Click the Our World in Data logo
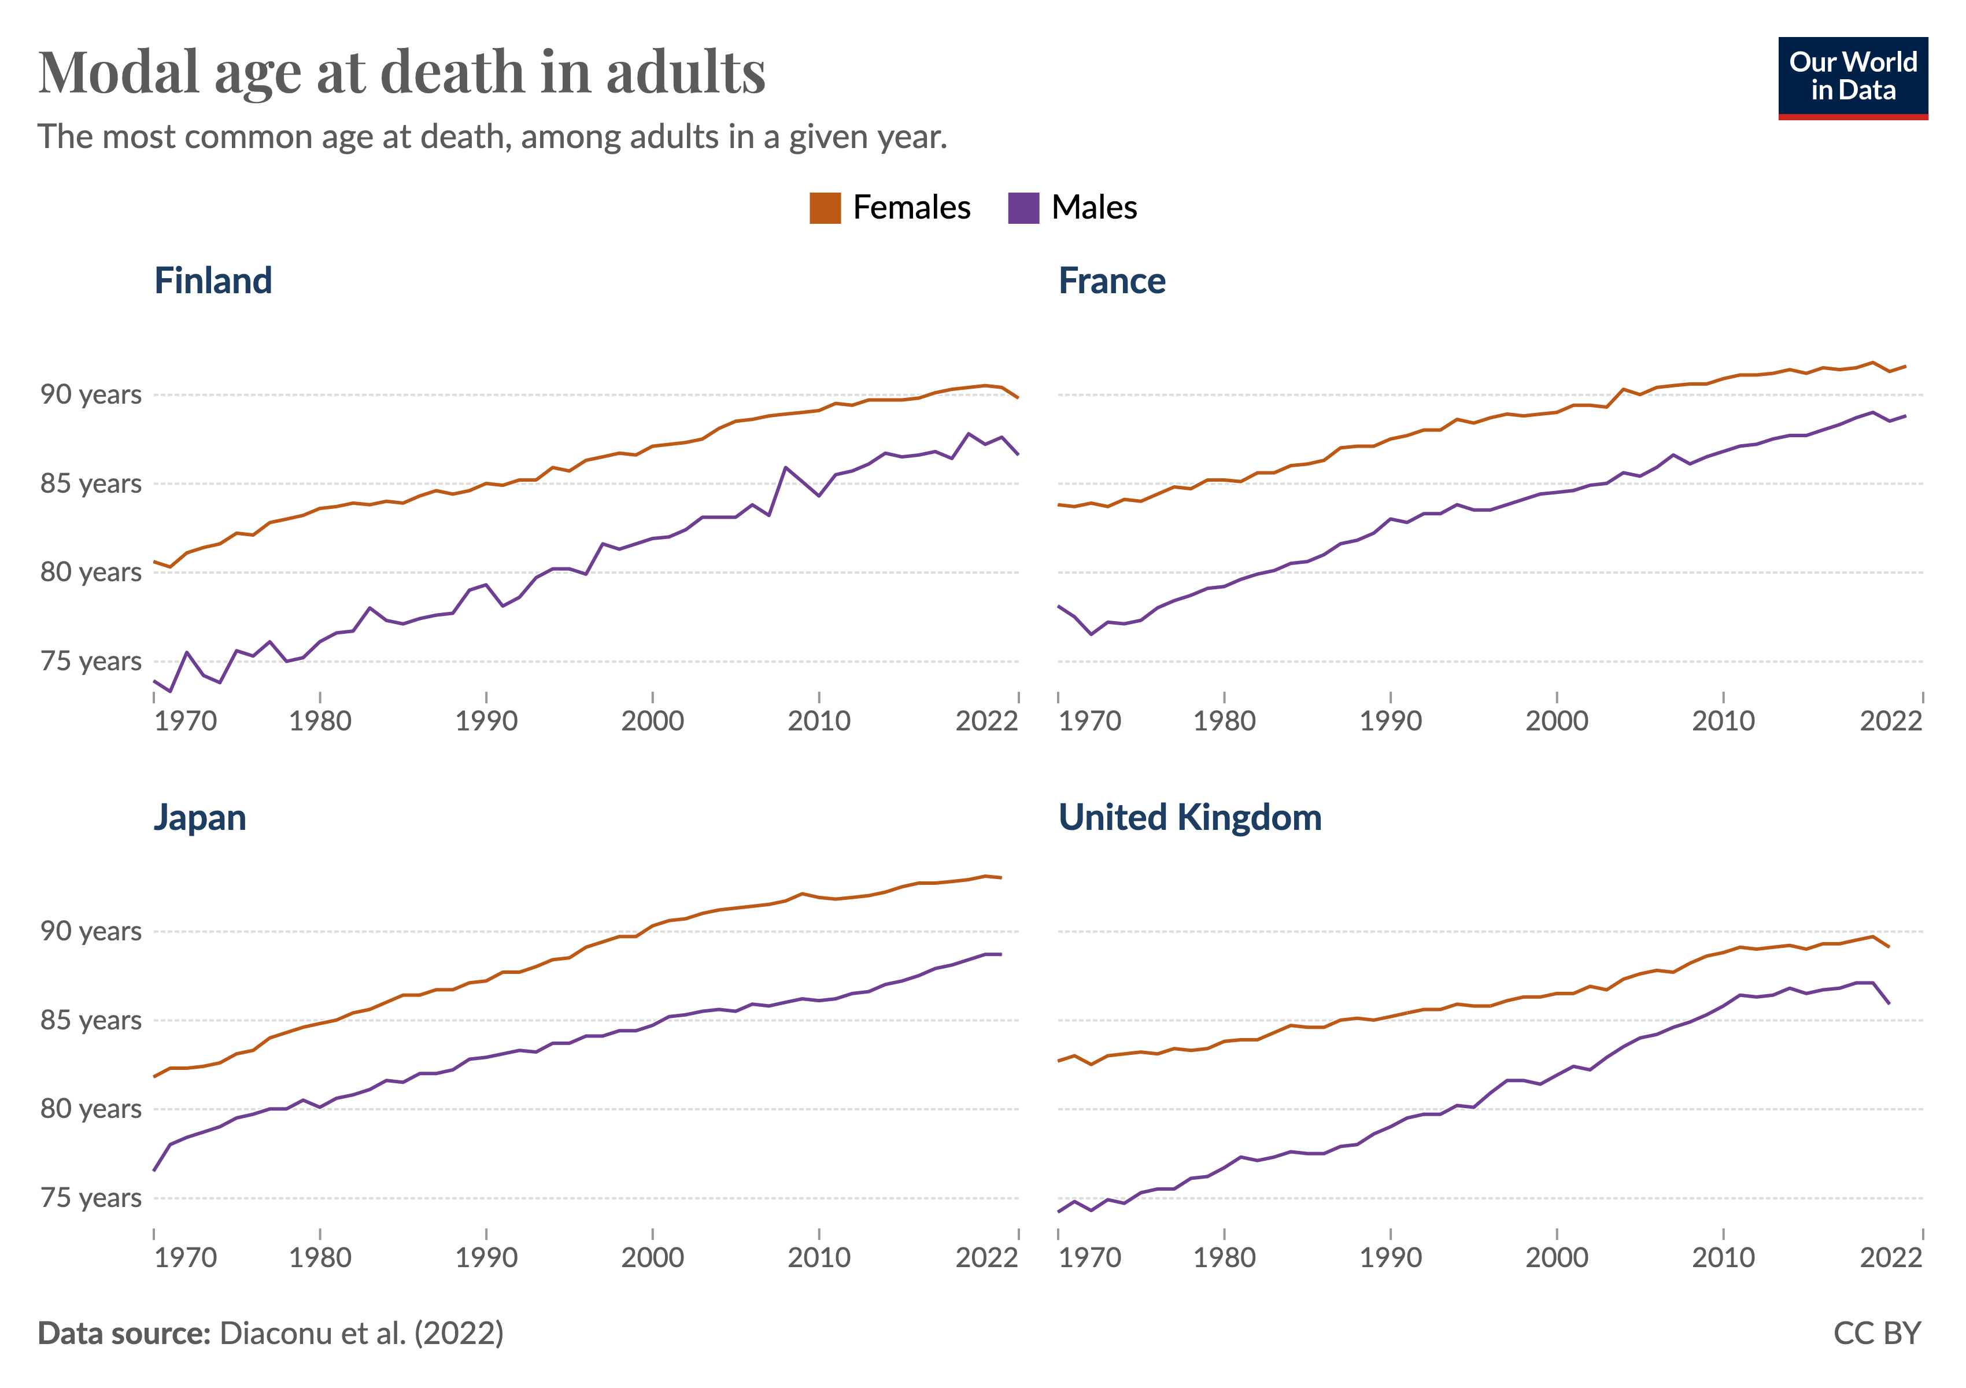coord(1852,77)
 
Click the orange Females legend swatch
coord(825,208)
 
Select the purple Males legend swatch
coord(1023,208)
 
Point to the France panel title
coord(1111,281)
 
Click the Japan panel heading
coord(199,818)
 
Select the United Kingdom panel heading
coord(1189,818)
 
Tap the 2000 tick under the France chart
coord(1556,721)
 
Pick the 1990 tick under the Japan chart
coord(486,1258)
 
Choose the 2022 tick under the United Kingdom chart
coord(1891,1258)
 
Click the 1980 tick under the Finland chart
coord(320,721)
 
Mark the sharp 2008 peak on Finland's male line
coord(786,467)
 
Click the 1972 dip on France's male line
coord(1092,634)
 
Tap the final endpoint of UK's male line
coord(1889,1003)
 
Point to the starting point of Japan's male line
coord(154,1171)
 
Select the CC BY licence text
coord(1877,1333)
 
